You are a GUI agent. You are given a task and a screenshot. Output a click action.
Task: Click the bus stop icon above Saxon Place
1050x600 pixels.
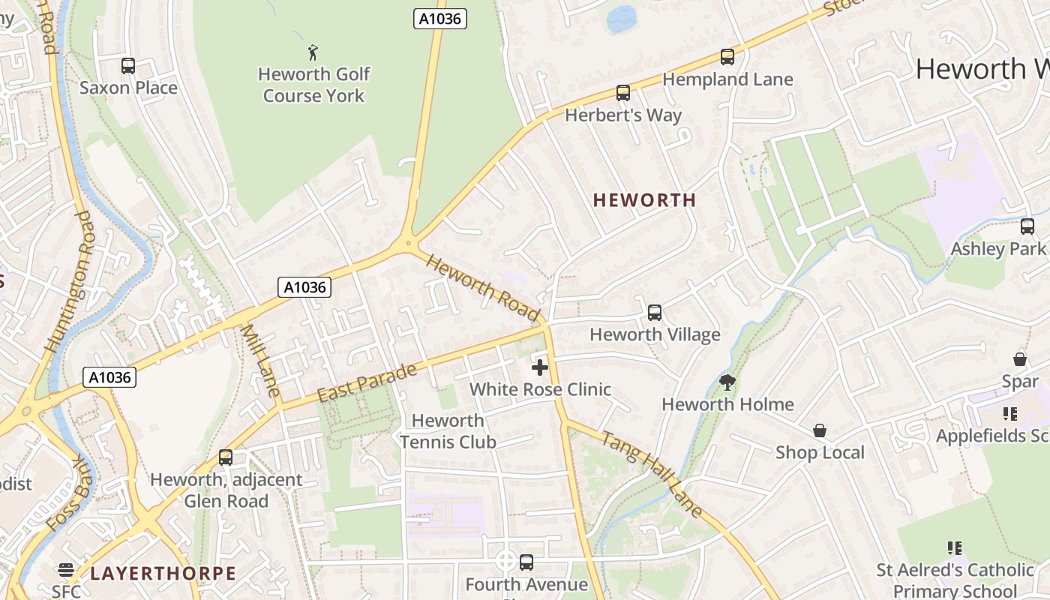(128, 66)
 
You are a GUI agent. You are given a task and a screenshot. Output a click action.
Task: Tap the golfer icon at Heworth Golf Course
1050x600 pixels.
(313, 52)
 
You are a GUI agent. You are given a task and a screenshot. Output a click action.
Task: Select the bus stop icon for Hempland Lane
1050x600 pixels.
(727, 57)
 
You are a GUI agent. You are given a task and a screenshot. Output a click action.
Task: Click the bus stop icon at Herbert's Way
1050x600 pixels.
(622, 93)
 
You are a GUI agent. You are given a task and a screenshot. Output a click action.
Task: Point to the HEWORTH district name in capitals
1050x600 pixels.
(644, 200)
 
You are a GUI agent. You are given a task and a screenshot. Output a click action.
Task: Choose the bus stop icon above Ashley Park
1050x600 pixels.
(1027, 226)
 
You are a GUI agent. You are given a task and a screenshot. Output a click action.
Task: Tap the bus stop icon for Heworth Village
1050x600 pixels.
(655, 313)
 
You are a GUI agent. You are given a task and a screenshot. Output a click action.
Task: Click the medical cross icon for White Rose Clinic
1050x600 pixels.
(539, 367)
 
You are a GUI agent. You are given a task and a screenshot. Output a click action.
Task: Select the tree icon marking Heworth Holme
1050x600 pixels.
(727, 382)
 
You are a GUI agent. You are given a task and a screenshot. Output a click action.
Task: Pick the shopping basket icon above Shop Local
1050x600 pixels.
(820, 431)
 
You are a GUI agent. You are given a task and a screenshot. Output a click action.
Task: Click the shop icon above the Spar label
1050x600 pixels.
(1019, 359)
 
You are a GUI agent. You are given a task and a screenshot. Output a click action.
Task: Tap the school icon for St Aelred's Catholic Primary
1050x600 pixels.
(955, 548)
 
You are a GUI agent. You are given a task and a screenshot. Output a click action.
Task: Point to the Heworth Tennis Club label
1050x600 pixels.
(448, 431)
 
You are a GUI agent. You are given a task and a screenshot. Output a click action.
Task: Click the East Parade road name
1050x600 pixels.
(367, 383)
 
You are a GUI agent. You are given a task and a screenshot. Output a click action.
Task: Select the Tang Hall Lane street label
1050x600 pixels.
(652, 474)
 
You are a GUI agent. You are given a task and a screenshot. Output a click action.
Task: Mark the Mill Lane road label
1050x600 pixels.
(261, 360)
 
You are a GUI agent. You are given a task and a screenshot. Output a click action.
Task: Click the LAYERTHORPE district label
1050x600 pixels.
(163, 574)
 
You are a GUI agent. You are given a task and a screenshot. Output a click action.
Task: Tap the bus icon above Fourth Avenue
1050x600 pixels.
(526, 562)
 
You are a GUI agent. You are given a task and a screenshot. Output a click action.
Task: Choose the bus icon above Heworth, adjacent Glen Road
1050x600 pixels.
(226, 457)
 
